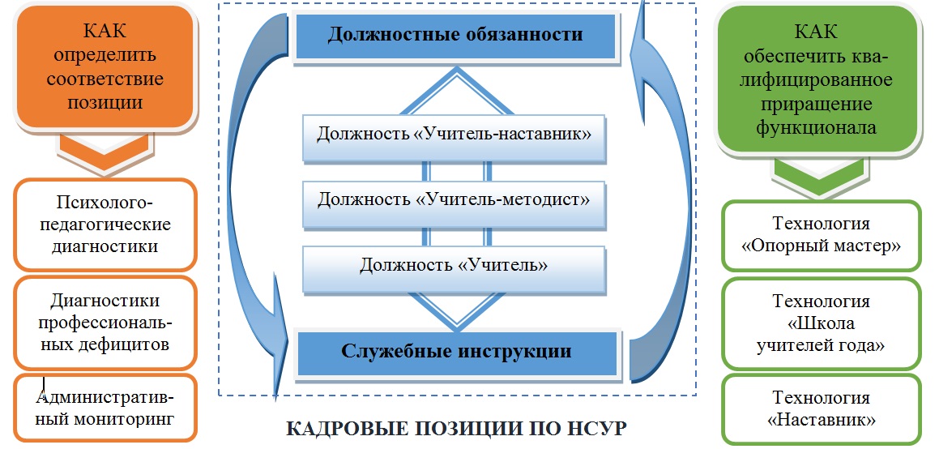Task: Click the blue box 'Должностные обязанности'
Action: pyautogui.click(x=455, y=35)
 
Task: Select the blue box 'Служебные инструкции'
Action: pyautogui.click(x=456, y=352)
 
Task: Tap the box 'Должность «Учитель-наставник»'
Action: pyautogui.click(x=454, y=134)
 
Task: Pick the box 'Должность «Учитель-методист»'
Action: pyautogui.click(x=454, y=199)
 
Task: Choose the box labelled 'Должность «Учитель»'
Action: pyautogui.click(x=454, y=265)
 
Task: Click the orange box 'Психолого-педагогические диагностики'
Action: pyautogui.click(x=105, y=224)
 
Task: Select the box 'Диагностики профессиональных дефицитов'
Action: pyautogui.click(x=105, y=322)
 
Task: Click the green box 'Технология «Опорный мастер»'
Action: pyautogui.click(x=821, y=235)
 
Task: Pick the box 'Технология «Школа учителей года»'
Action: pyautogui.click(x=821, y=323)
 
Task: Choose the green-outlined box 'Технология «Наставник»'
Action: pyautogui.click(x=821, y=408)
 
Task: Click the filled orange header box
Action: pyautogui.click(x=105, y=66)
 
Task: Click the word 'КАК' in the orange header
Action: pyautogui.click(x=105, y=30)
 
